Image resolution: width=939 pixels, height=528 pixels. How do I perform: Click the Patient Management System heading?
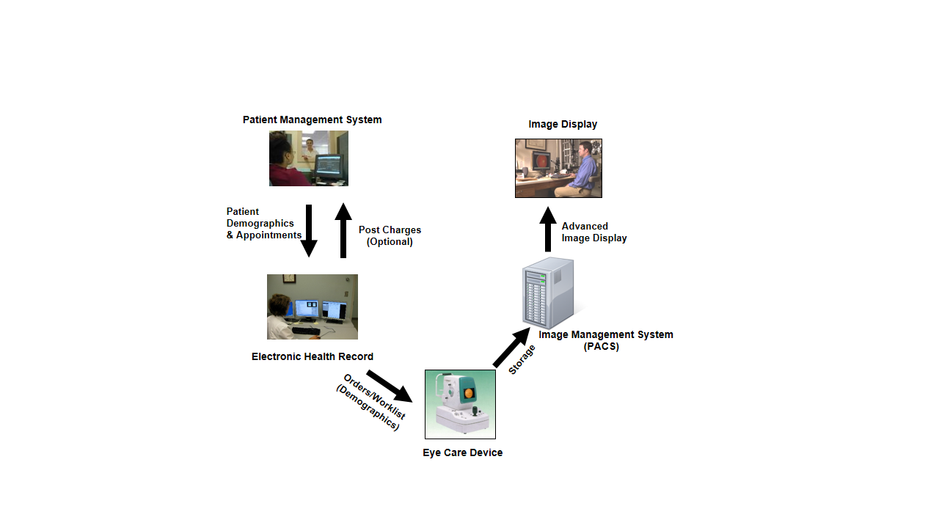coord(312,120)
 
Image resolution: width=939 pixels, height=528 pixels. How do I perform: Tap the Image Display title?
coord(563,124)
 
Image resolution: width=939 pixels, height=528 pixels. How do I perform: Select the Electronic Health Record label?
coord(312,356)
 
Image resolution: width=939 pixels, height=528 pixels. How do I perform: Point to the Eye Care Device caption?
coord(462,452)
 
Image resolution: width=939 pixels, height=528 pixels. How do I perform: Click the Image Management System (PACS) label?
coord(605,340)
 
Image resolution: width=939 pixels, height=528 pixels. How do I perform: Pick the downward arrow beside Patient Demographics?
coord(309,230)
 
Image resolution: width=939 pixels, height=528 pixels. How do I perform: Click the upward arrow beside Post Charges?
coord(343,230)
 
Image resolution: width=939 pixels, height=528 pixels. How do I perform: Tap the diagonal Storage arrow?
coord(512,347)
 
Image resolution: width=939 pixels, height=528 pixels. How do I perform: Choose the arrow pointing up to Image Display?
coord(548,229)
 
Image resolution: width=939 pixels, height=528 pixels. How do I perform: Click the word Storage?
coord(522,360)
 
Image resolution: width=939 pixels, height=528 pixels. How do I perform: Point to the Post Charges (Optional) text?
coord(390,235)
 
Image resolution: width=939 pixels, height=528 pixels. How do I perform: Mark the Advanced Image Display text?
coord(594,232)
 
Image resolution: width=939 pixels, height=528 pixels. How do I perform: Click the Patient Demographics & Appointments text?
coord(263,223)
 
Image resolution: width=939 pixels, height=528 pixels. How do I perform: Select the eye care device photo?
coord(460,404)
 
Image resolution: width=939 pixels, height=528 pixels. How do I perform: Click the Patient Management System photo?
coord(308,158)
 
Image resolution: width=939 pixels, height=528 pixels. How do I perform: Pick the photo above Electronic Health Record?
coord(312,307)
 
